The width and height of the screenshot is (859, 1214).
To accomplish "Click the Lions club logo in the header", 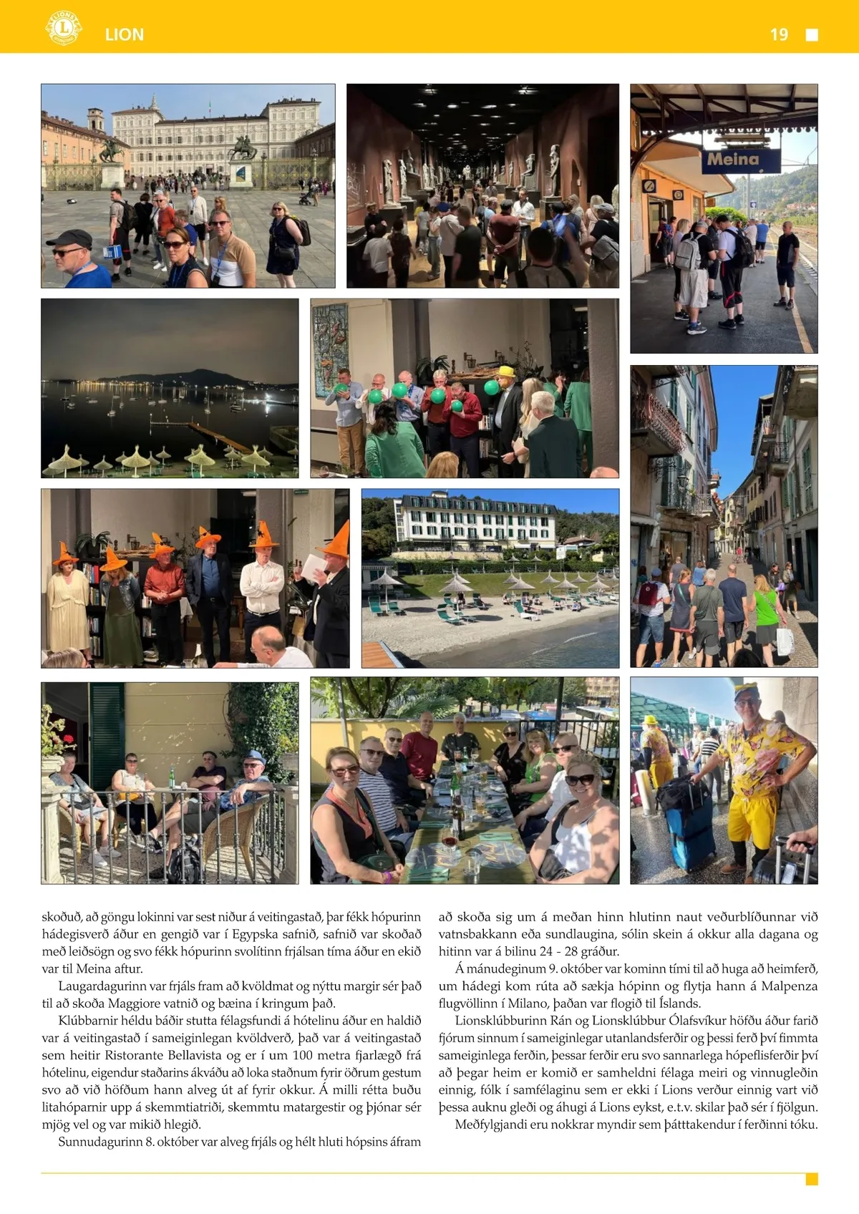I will pos(63,28).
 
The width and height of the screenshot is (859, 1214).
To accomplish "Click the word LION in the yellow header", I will pos(125,34).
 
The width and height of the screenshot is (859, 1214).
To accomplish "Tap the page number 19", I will pos(779,34).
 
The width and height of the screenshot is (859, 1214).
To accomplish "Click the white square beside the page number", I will pos(812,35).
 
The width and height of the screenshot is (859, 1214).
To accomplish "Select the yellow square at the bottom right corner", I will pos(812,1179).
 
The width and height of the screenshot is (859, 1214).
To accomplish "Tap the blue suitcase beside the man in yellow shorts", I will pos(690,831).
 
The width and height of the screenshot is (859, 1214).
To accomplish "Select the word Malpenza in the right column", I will pos(789,986).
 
